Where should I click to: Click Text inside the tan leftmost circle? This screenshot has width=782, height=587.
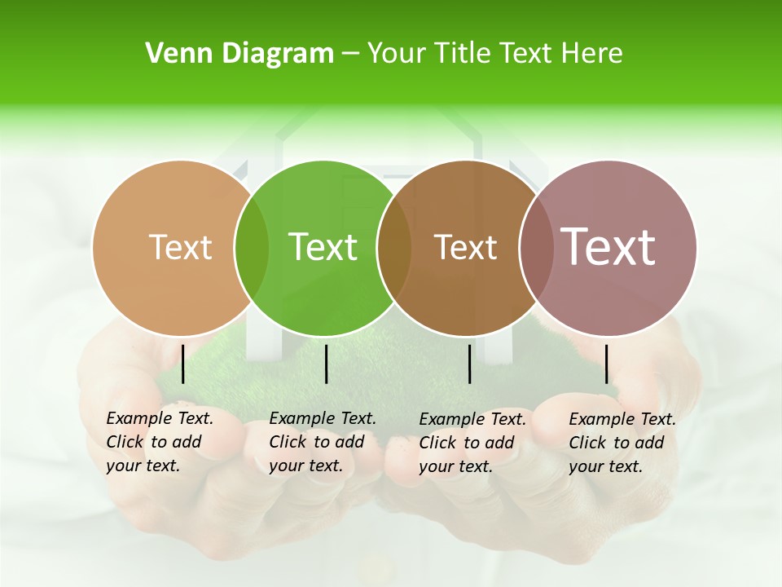point(180,247)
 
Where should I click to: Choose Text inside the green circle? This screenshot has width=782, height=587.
point(323,247)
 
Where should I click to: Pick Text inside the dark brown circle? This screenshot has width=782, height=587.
point(465,247)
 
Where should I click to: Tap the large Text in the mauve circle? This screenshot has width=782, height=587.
point(608,247)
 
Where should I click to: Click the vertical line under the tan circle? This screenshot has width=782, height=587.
point(182,364)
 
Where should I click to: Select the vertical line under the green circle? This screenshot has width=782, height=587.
point(326,364)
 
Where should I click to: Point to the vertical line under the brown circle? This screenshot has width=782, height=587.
point(469,364)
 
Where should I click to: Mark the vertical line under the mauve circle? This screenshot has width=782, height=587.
point(606,364)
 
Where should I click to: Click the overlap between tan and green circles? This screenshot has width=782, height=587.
point(252,248)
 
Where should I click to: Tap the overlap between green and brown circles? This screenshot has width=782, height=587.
point(394,248)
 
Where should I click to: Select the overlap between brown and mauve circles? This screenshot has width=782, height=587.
point(536,248)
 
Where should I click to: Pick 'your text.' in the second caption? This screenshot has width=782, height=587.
point(305,466)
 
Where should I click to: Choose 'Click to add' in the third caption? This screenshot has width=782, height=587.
point(467,443)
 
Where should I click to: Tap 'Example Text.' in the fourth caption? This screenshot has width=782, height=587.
point(622,419)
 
